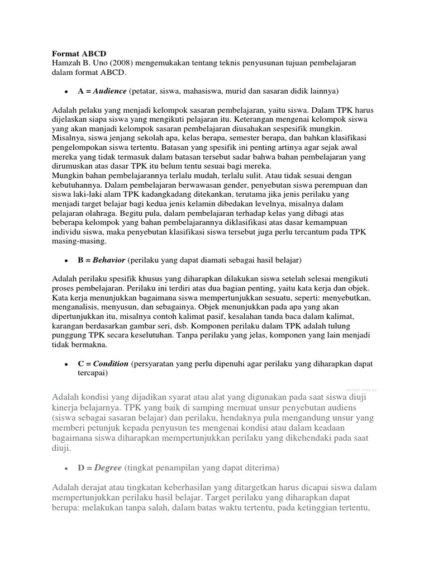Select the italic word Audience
tap(109, 90)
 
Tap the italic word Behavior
tap(109, 260)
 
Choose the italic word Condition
tap(111, 364)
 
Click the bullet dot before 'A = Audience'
tap(66, 91)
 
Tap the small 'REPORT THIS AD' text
tap(361, 389)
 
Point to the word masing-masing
tap(79, 242)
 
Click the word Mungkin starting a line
tap(68, 175)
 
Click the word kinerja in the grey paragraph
tap(68, 408)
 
